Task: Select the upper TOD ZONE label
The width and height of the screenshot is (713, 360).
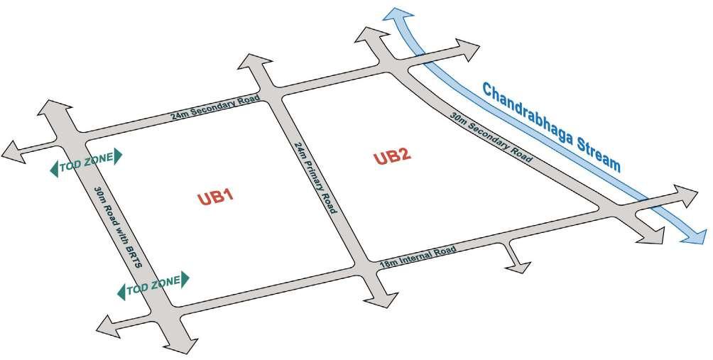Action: (x=86, y=162)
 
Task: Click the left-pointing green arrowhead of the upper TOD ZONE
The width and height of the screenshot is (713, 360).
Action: (x=53, y=168)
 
